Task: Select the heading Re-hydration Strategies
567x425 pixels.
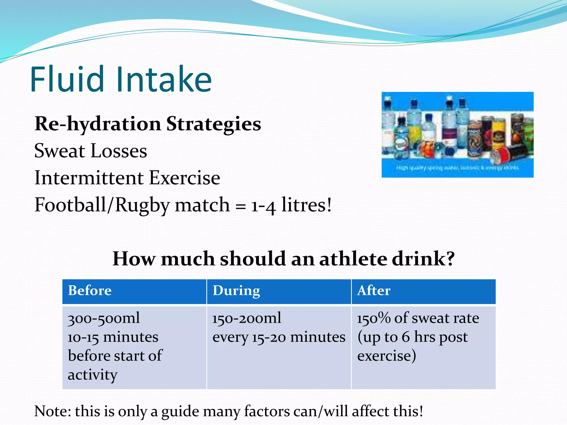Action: coord(148,124)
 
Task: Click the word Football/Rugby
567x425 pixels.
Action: coord(101,205)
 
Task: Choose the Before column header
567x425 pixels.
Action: coord(90,291)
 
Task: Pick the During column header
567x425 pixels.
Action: coord(236,291)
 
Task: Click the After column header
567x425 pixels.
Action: coord(373,291)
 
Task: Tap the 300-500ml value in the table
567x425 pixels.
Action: coord(104,318)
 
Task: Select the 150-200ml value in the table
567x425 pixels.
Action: coord(246,318)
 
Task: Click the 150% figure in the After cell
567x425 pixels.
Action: coord(373,318)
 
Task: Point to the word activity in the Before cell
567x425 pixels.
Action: coord(92,375)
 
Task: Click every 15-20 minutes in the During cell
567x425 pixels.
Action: coord(279,337)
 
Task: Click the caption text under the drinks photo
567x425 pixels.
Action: coord(457,168)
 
